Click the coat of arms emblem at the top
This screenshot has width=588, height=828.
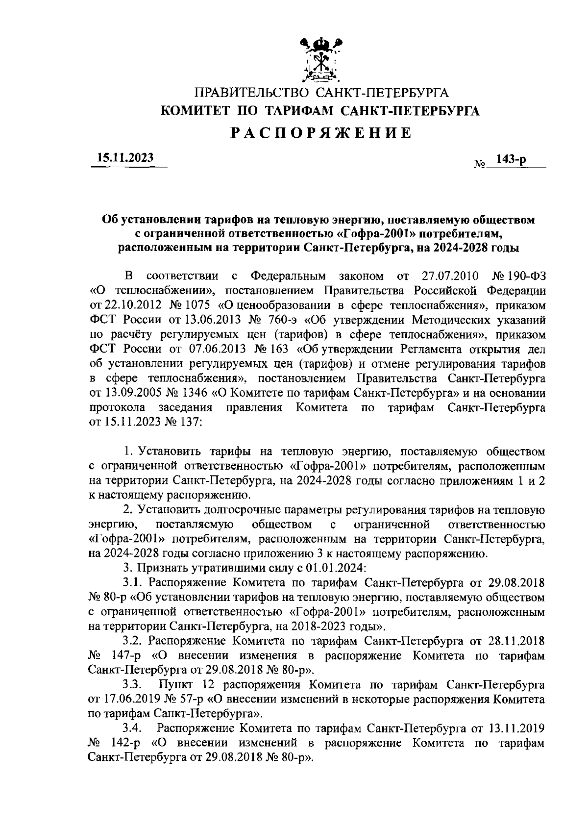tap(321, 59)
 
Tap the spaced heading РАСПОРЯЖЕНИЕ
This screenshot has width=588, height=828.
tap(321, 133)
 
